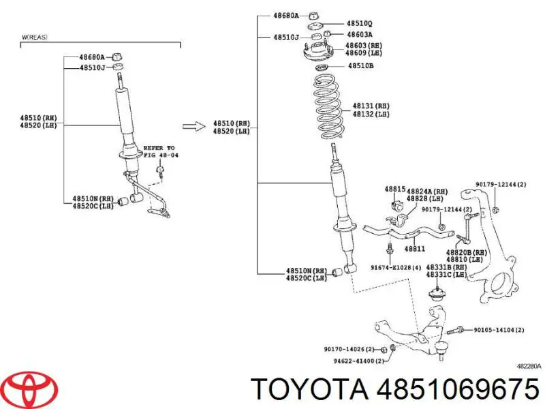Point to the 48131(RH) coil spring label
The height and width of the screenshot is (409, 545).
pyautogui.click(x=371, y=106)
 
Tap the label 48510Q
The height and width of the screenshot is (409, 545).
pyautogui.click(x=359, y=24)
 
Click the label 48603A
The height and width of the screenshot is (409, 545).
pyautogui.click(x=359, y=35)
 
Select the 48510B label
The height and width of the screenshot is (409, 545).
pyautogui.click(x=360, y=65)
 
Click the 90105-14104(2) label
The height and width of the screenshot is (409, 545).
pyautogui.click(x=499, y=329)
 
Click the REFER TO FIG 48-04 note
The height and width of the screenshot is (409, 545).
pyautogui.click(x=158, y=151)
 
